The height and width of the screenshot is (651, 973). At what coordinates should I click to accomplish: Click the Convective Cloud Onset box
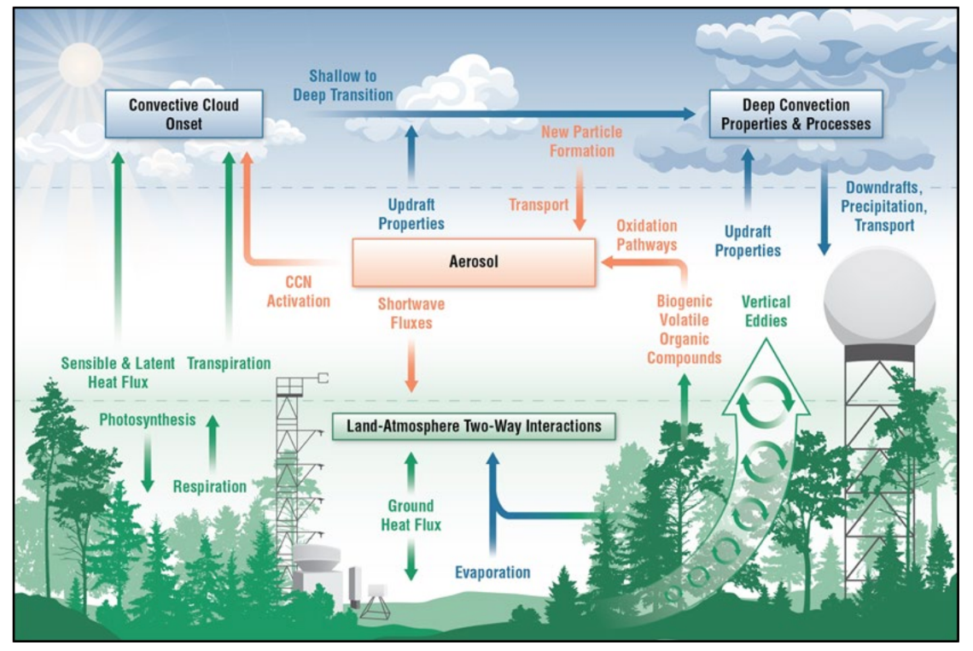(184, 114)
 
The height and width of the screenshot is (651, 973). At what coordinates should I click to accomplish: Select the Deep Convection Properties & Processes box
(795, 114)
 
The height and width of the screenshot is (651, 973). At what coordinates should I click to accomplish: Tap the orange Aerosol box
(474, 262)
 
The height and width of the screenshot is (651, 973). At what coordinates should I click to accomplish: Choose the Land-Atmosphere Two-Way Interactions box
(474, 425)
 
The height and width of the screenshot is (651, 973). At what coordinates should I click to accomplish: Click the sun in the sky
(80, 63)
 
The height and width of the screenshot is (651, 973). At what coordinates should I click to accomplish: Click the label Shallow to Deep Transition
(342, 85)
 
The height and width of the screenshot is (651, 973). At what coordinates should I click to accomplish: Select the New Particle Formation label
(581, 142)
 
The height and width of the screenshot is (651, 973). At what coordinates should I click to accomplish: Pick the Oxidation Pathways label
(646, 235)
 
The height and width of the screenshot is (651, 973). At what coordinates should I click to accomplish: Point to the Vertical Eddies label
(766, 311)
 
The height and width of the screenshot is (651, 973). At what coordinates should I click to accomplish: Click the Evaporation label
(492, 572)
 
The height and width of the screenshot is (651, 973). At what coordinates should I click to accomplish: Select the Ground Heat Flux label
(411, 515)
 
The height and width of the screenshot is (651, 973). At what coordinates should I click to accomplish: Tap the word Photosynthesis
(148, 419)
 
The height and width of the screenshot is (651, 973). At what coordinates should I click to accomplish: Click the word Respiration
(210, 487)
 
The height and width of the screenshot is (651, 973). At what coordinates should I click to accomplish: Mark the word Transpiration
(229, 363)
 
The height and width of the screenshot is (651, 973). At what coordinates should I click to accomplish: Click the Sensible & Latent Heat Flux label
(118, 372)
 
